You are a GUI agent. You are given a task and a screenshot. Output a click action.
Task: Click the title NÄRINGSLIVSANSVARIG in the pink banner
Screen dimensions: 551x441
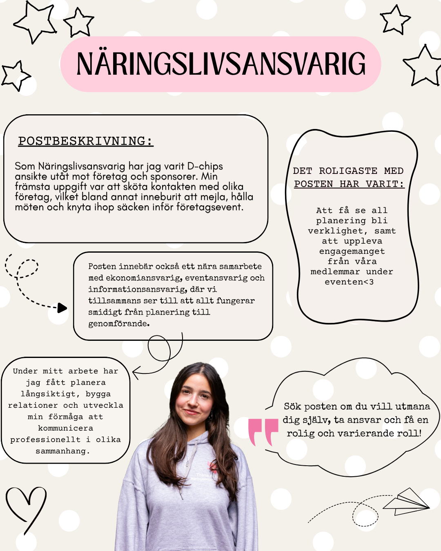point(220,64)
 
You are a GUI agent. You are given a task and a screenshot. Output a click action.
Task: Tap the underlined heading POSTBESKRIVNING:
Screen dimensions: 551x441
point(86,141)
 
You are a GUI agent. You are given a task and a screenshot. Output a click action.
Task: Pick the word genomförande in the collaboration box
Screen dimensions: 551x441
point(118,324)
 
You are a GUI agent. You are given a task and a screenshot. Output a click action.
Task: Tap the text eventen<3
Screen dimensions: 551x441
point(349,282)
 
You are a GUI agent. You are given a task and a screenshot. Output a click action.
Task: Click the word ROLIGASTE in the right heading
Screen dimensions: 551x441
point(348,171)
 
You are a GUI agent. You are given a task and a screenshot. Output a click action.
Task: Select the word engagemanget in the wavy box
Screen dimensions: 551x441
point(352,251)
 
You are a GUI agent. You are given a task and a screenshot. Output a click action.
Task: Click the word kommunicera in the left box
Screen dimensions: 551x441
point(66,428)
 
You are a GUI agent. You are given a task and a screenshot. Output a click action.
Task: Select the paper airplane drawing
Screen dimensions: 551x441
point(406,502)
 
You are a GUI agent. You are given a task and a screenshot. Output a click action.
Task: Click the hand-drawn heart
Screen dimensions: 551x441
point(25,506)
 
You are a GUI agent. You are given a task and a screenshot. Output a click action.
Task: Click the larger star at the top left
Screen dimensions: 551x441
point(36,21)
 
